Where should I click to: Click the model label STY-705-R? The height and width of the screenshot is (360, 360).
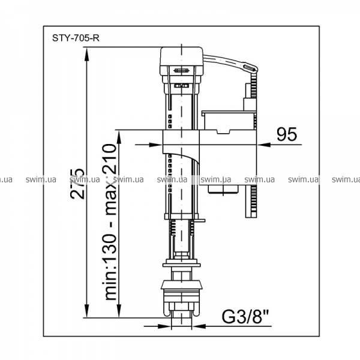[76, 38]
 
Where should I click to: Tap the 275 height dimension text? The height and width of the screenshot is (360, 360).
[77, 184]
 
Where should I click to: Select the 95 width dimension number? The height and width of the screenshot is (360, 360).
[287, 134]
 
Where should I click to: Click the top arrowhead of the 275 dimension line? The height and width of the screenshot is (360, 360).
[86, 55]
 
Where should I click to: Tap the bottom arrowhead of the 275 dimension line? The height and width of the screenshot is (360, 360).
[86, 311]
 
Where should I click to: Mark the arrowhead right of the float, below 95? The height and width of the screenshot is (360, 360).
[263, 145]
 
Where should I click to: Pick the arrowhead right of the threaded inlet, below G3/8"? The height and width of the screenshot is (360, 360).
[199, 326]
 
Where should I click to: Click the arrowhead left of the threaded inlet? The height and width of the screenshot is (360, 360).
[164, 326]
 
